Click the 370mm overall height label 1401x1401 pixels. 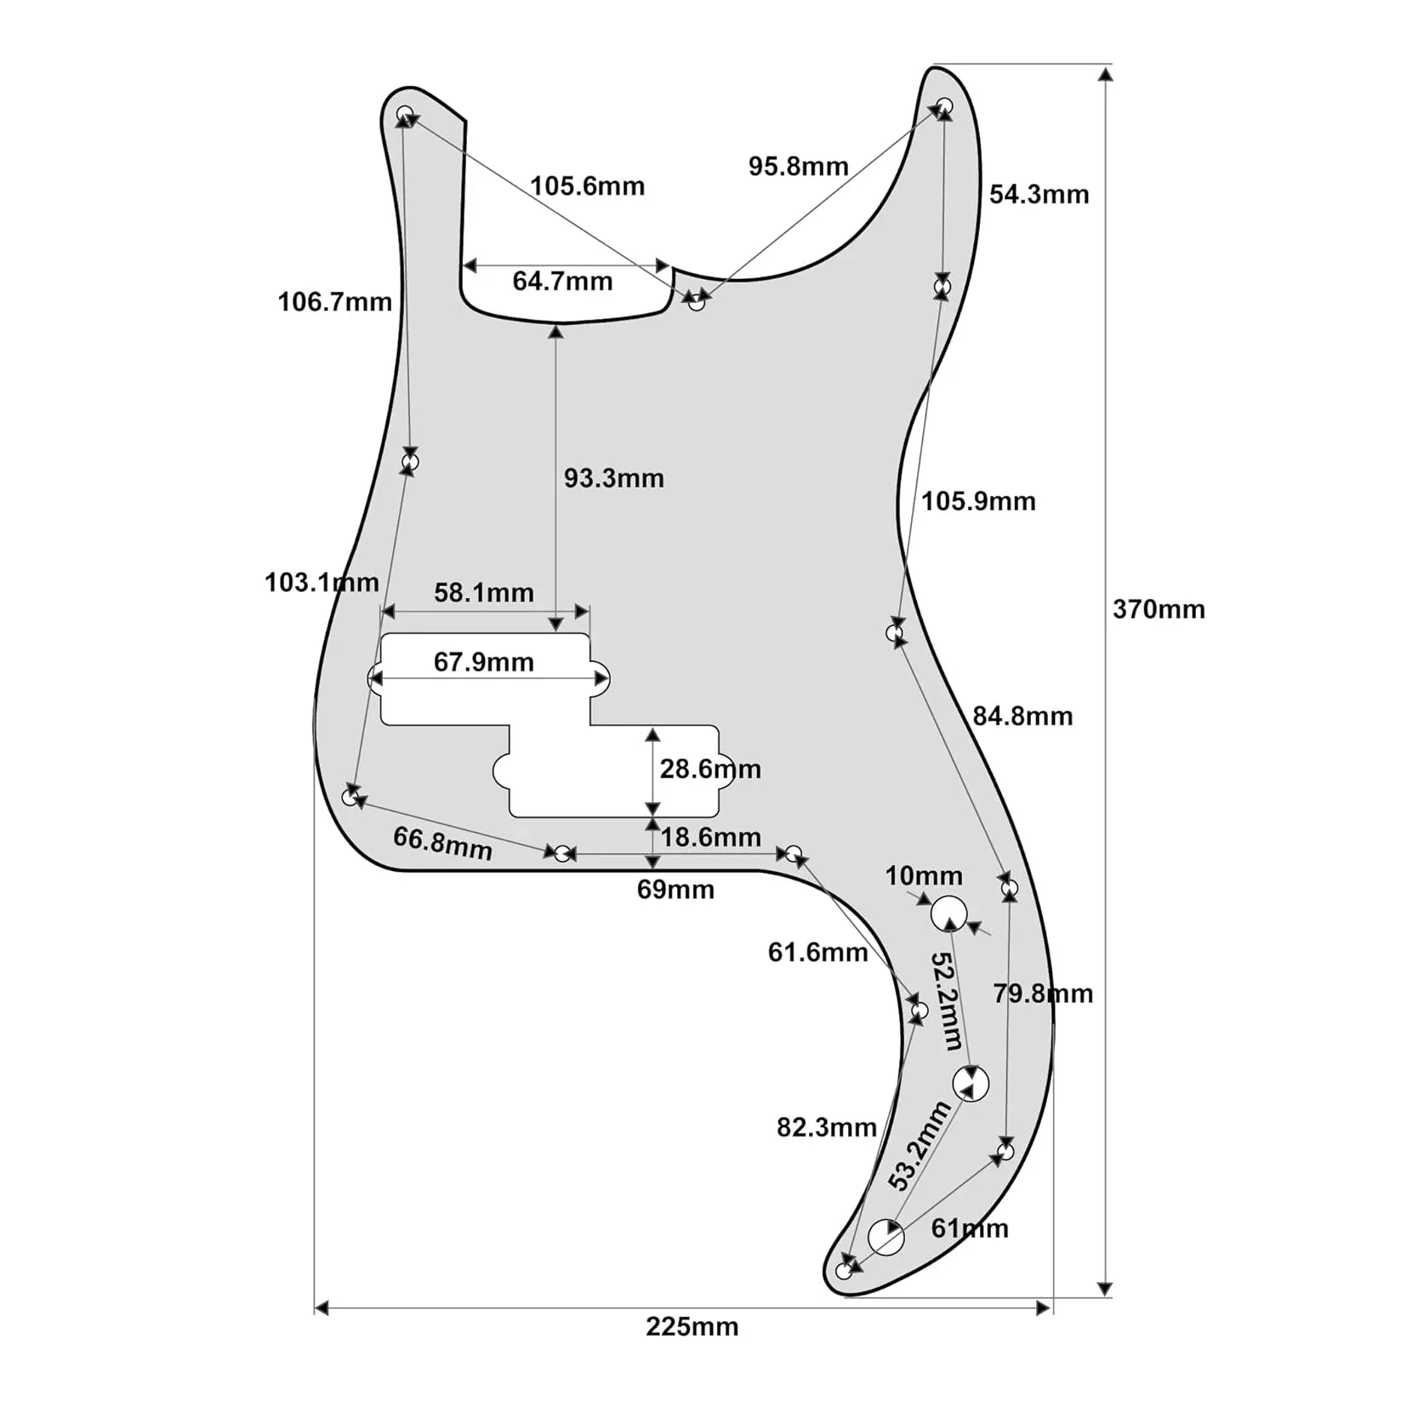(x=1159, y=609)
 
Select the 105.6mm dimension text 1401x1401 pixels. (x=587, y=185)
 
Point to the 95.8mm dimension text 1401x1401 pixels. (x=798, y=166)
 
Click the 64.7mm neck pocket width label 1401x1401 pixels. (x=562, y=281)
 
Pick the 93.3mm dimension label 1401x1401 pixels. (x=613, y=478)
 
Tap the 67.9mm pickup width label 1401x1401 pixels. (x=483, y=662)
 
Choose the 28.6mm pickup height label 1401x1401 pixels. (x=710, y=769)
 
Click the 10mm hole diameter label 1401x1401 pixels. (x=924, y=875)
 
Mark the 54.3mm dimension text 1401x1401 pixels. (x=1039, y=194)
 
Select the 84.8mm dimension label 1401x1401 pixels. (x=1022, y=716)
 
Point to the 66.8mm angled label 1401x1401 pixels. (x=442, y=843)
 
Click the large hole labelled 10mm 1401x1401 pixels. (x=948, y=914)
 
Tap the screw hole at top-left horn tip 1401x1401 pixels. (x=406, y=113)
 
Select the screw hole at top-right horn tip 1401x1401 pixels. (x=944, y=106)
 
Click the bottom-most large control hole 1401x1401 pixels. (x=886, y=1237)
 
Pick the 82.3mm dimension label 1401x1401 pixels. (x=826, y=1127)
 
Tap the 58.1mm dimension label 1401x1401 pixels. (x=484, y=592)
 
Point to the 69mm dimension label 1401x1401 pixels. (x=675, y=890)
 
